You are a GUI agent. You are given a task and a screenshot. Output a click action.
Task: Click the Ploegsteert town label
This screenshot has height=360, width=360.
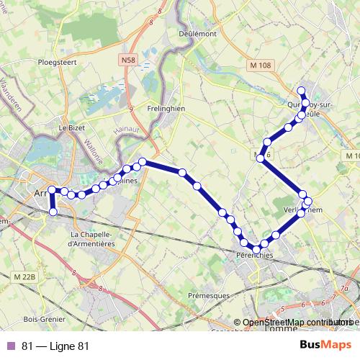click(x=57, y=62)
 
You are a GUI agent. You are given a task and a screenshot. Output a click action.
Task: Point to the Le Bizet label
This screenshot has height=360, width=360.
click(x=72, y=127)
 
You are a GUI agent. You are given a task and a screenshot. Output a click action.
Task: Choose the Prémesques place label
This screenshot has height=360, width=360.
click(x=208, y=295)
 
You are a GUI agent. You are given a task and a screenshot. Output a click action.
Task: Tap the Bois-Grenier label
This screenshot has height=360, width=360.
click(x=45, y=319)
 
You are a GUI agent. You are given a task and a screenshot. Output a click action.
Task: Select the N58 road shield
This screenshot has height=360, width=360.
click(x=129, y=61)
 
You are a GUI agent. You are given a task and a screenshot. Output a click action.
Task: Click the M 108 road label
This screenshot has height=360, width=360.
click(x=261, y=66)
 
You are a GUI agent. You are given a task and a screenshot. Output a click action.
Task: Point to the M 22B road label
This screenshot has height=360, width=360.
click(x=24, y=275)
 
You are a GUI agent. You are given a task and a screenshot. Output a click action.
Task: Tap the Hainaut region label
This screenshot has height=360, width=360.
click(x=125, y=132)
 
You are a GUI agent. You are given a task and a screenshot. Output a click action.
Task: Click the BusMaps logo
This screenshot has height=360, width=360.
click(x=325, y=345)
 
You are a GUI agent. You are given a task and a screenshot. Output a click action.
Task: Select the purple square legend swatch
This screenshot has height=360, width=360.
click(x=11, y=346)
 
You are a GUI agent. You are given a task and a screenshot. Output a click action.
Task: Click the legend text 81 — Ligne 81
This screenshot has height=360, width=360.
click(x=55, y=346)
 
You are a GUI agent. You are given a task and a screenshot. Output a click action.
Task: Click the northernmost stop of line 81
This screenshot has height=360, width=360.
click(x=302, y=91)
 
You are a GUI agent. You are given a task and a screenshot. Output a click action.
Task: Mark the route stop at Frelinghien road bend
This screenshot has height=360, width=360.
click(x=143, y=162)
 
